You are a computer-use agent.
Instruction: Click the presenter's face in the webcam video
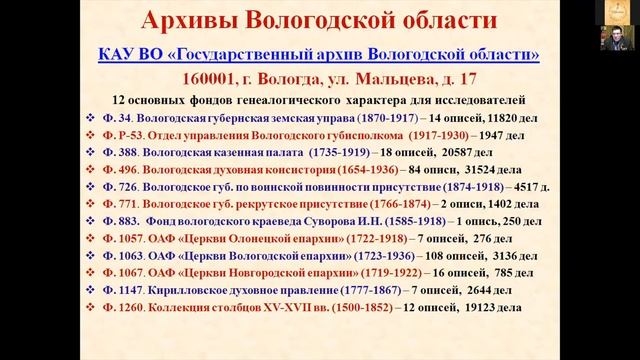click(x=612, y=41)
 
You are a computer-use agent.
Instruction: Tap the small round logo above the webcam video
click(x=612, y=9)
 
